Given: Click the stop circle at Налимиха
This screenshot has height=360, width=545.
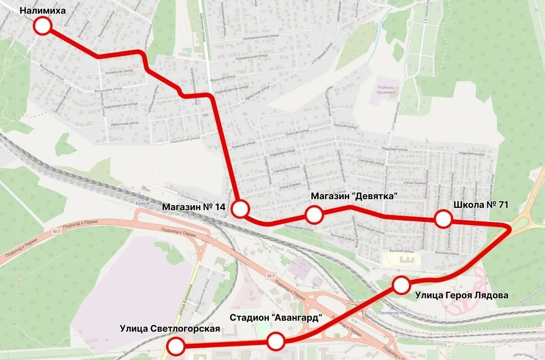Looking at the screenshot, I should coord(42,26).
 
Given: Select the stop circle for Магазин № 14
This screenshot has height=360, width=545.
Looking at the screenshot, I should coord(240,209).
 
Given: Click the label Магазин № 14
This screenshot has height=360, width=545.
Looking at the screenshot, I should coord(194,207).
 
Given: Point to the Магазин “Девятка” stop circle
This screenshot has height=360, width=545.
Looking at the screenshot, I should coord(314,214).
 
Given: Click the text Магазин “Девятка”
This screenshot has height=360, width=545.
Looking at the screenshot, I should coord(354,196).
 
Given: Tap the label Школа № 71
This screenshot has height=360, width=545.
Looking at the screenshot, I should coord(481,205).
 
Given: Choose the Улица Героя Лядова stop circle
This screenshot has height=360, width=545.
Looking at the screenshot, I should coord(401,285).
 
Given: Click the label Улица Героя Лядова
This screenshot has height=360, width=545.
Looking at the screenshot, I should coord(461,295).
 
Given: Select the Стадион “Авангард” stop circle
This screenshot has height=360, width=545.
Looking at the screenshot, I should coord(276,341).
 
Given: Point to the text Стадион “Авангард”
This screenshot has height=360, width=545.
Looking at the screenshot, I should coord(276,318).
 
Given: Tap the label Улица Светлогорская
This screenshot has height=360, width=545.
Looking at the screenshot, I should coord(170,328).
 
